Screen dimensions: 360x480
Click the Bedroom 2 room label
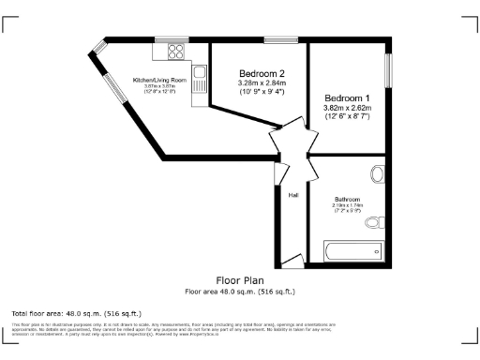click(262, 73)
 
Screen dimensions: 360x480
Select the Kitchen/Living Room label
click(159, 81)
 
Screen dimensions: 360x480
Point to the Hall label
click(293, 195)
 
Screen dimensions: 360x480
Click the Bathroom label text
click(348, 199)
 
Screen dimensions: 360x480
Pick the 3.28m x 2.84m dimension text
click(262, 82)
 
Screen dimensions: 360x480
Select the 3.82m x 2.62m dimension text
click(348, 108)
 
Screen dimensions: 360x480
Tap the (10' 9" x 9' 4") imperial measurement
click(262, 92)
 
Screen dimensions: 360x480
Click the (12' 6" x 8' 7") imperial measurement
click(348, 117)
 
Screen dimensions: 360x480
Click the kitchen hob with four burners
click(174, 53)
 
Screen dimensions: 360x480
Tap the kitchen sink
click(199, 73)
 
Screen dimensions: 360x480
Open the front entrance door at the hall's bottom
click(293, 260)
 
